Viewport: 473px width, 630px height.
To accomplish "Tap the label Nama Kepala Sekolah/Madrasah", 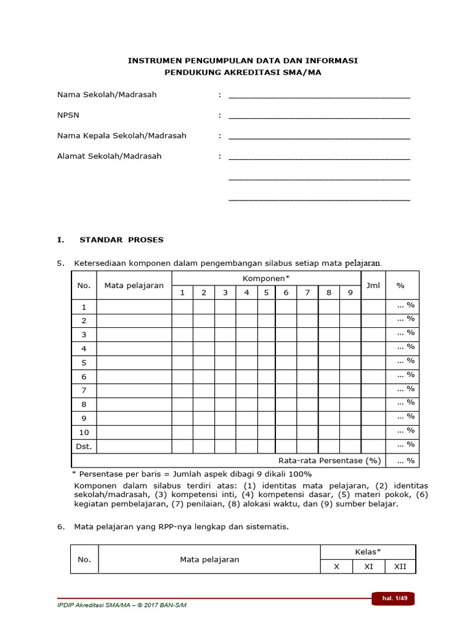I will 122,135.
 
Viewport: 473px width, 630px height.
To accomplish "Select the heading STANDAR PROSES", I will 121,239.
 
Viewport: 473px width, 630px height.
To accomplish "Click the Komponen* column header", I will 266,278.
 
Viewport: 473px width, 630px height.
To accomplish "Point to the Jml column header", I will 373,285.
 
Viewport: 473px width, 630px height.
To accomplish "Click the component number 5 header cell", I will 266,292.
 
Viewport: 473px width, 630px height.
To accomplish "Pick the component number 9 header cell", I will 350,292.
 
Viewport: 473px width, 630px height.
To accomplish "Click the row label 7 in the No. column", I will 84,391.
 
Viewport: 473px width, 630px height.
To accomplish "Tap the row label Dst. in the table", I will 84,447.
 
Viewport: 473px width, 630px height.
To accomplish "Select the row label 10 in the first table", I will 84,433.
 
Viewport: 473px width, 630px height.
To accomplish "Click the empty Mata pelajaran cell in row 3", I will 134,335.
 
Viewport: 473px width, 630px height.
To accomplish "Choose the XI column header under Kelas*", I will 369,567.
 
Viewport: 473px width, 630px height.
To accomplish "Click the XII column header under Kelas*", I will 400,567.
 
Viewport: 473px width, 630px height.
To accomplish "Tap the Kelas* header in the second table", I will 368,552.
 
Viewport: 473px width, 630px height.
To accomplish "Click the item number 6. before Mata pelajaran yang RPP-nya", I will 61,527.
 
